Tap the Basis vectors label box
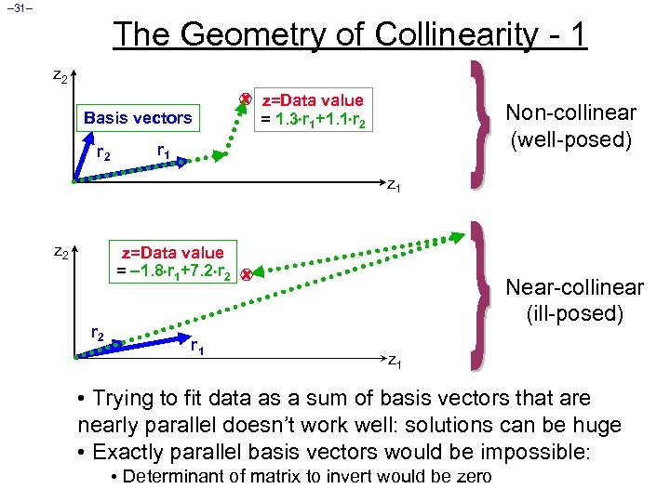click(137, 118)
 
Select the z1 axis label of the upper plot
click(394, 187)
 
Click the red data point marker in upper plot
click(246, 98)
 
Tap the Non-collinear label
click(570, 112)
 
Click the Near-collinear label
click(572, 287)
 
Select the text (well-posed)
click(570, 140)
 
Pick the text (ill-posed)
click(571, 313)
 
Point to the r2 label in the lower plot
click(97, 333)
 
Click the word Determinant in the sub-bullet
click(175, 477)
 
